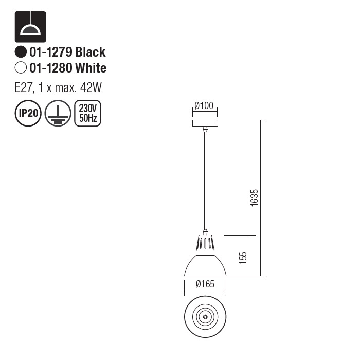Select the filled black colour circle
tap(21, 52)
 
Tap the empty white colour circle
tap(21, 68)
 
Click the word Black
tap(91, 52)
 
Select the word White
tap(91, 68)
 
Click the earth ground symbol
tap(57, 113)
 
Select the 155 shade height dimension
tap(243, 256)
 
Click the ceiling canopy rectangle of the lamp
tap(205, 123)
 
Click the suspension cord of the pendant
tap(205, 180)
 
